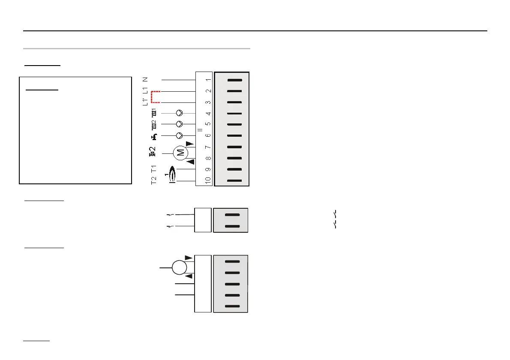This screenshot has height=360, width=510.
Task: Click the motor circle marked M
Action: point(180,152)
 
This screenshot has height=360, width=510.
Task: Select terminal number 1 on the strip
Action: point(208,80)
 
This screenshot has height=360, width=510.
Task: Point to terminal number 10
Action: point(208,180)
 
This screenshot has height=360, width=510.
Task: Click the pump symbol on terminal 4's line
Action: point(180,114)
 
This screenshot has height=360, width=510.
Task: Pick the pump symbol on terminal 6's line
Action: point(180,136)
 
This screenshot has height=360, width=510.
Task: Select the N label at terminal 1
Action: point(146,80)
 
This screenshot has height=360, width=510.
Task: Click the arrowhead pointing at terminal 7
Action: point(189,144)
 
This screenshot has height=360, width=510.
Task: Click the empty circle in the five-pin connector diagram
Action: point(180,267)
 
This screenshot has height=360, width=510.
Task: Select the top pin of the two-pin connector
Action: point(232,215)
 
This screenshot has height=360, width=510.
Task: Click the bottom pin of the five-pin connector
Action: point(232,306)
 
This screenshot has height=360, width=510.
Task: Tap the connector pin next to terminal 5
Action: point(235,125)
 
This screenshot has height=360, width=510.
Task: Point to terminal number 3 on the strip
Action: point(208,102)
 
